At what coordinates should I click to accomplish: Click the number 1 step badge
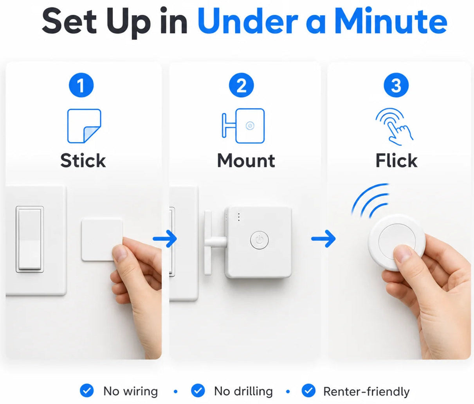click(81, 85)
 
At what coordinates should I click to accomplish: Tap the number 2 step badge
click(241, 85)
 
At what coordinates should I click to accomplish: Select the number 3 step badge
click(396, 85)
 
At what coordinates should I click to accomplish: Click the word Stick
click(83, 161)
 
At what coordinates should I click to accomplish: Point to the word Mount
click(246, 161)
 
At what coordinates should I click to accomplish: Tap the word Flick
click(397, 161)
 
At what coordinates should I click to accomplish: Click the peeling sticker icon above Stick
click(84, 126)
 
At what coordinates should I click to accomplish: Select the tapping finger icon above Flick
click(394, 126)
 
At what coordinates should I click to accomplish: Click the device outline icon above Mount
click(243, 126)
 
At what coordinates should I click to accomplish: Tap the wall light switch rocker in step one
click(30, 239)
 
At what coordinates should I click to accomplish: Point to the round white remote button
click(397, 242)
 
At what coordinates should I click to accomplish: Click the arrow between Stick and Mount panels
click(165, 239)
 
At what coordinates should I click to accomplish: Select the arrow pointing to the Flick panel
click(323, 239)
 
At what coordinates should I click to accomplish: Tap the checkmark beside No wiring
click(87, 390)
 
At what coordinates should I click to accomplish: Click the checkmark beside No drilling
click(198, 390)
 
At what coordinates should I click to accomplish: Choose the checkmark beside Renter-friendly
click(308, 390)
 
